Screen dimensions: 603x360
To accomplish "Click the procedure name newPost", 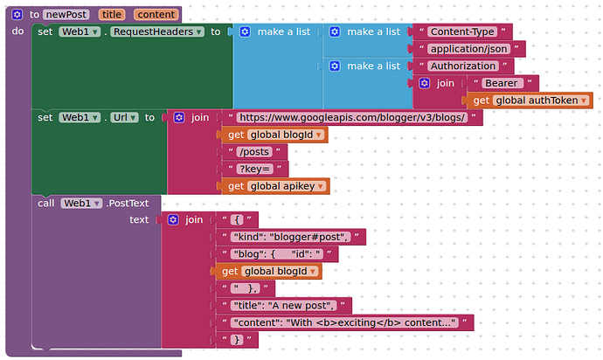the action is pyautogui.click(x=66, y=15).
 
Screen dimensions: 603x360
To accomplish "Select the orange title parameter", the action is pyautogui.click(x=112, y=15).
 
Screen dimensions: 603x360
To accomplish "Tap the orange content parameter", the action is pyautogui.click(x=156, y=15).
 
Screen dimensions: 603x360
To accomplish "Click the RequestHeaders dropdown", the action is pyautogui.click(x=157, y=31).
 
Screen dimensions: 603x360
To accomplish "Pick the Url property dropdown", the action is pyautogui.click(x=124, y=117).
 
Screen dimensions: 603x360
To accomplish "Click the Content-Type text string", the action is pyautogui.click(x=462, y=31).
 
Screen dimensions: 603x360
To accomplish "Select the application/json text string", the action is pyautogui.click(x=468, y=49).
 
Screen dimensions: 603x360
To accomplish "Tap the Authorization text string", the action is pyautogui.click(x=463, y=66).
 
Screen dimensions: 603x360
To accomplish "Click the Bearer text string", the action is pyautogui.click(x=502, y=83).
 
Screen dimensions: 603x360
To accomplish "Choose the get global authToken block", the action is pyautogui.click(x=530, y=100).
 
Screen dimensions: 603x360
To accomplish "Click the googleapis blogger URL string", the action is pyautogui.click(x=352, y=117).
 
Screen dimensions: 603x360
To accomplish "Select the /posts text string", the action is pyautogui.click(x=254, y=152).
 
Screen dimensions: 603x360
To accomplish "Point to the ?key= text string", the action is pyautogui.click(x=255, y=169).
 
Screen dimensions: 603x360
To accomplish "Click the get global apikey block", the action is pyautogui.click(x=275, y=186).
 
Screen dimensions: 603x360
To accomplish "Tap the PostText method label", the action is pyautogui.click(x=128, y=203).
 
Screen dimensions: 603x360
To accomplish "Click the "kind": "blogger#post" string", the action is pyautogui.click(x=291, y=237).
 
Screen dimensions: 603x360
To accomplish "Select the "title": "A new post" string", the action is pyautogui.click(x=284, y=306).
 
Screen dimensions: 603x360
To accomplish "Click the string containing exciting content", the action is pyautogui.click(x=344, y=322).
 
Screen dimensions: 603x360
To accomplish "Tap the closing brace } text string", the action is pyautogui.click(x=237, y=340).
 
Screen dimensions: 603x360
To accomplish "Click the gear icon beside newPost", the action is pyautogui.click(x=17, y=15).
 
